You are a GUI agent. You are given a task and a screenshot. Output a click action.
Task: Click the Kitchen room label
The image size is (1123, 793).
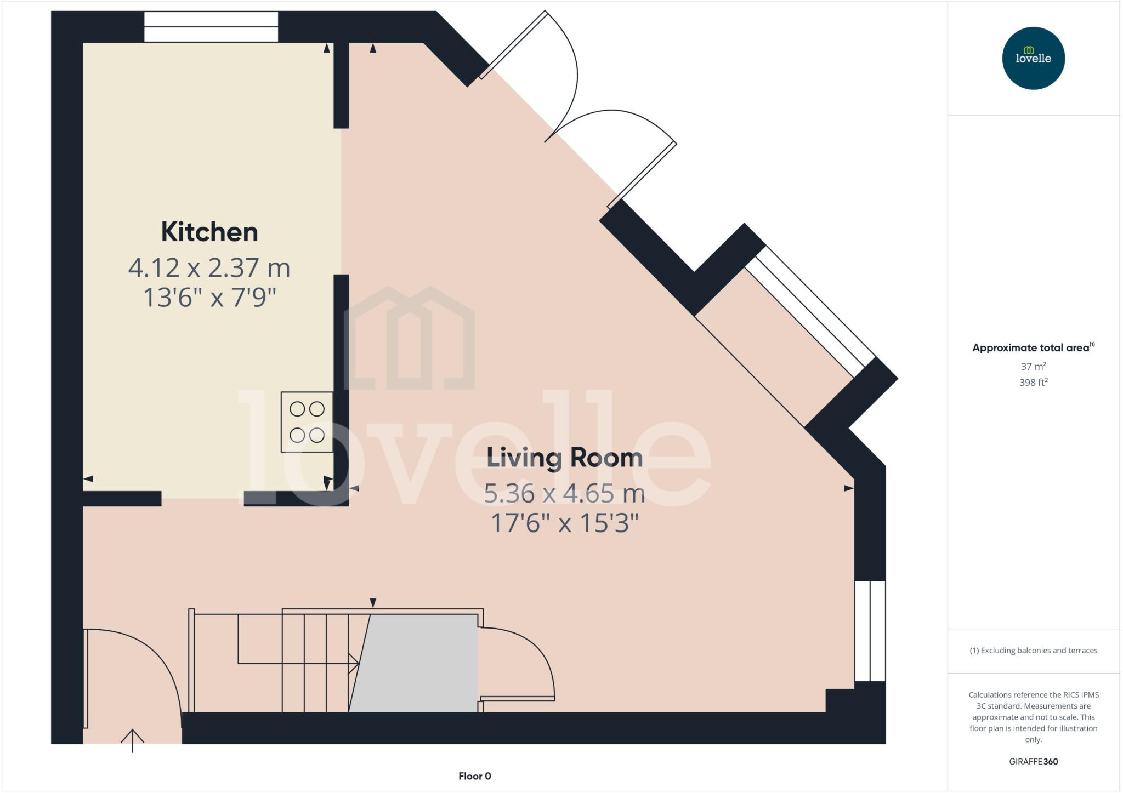[209, 232]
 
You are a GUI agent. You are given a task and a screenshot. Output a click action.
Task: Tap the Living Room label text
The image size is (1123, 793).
[564, 458]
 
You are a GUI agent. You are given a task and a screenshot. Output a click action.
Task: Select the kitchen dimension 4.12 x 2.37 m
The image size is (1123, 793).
[209, 268]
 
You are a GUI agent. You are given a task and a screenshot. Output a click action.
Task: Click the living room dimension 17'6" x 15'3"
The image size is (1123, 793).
[564, 523]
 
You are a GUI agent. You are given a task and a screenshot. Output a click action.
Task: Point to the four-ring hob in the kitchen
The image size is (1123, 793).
[307, 422]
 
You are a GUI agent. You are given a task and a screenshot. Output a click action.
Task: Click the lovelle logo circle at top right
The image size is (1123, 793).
[1033, 58]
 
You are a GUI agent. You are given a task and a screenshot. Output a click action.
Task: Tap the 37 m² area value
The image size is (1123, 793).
[1033, 366]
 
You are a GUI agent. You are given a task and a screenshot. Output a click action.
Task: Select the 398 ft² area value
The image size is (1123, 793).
[1033, 383]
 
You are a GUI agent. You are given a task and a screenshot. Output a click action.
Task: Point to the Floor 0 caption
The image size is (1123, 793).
[475, 776]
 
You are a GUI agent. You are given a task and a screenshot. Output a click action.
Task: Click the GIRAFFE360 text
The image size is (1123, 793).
[1033, 761]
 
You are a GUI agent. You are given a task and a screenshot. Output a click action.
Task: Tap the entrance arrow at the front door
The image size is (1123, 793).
[132, 740]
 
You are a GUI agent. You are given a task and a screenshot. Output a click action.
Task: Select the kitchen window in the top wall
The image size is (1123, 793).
[211, 27]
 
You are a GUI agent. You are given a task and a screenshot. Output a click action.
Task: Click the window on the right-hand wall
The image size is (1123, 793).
[870, 631]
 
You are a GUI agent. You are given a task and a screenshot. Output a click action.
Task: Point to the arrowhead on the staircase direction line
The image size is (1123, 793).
[354, 664]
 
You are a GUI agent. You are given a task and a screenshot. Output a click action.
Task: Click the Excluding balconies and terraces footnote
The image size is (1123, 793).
[1033, 651]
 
